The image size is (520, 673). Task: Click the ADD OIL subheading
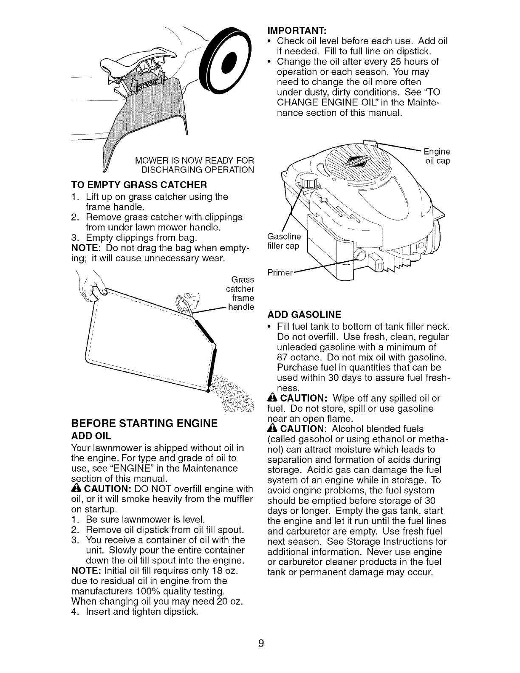(91, 435)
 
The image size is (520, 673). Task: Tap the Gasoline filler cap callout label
(283, 241)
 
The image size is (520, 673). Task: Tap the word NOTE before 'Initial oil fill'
(85, 571)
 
